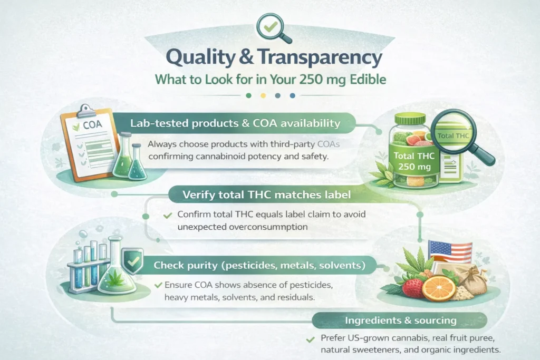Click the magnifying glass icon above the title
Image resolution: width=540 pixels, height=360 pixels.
click(272, 27)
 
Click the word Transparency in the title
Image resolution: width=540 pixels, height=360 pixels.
click(319, 57)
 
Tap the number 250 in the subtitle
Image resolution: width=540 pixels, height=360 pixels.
click(311, 80)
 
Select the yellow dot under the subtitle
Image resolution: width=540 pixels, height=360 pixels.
click(263, 96)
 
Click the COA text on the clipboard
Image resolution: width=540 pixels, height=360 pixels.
click(92, 124)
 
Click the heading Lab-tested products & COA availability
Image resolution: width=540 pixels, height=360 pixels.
click(235, 123)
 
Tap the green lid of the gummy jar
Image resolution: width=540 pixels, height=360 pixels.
click(412, 119)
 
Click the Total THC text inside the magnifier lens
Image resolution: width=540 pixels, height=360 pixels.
click(453, 135)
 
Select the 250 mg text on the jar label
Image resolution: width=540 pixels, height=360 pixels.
click(414, 167)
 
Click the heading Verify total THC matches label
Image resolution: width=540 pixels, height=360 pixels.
click(266, 195)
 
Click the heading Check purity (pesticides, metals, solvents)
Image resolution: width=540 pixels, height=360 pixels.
click(259, 265)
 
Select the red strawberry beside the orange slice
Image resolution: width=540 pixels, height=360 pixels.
click(412, 288)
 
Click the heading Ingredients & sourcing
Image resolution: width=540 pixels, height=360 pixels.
click(401, 320)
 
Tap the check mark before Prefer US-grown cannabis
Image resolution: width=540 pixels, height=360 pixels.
click(310, 339)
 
